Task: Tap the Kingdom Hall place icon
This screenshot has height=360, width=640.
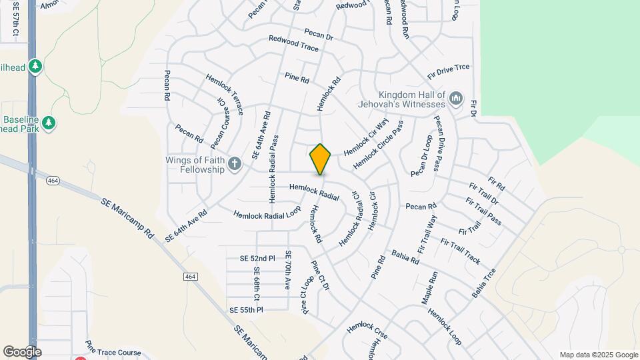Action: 456,99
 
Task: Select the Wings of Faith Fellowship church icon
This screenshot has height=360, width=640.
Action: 234,164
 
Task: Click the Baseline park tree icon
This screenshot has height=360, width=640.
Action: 48,123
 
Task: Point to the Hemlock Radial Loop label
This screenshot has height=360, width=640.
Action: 267,215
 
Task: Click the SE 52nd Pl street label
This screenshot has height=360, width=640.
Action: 257,258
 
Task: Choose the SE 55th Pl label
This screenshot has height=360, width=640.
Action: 247,310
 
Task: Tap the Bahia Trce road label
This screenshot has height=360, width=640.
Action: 484,283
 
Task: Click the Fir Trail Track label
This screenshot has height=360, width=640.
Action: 460,249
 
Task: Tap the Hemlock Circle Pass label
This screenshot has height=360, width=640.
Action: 378,144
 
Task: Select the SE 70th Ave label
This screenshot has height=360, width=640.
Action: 288,270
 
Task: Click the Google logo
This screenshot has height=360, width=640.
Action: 22,351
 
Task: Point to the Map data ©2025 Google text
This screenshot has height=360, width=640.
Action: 598,355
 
